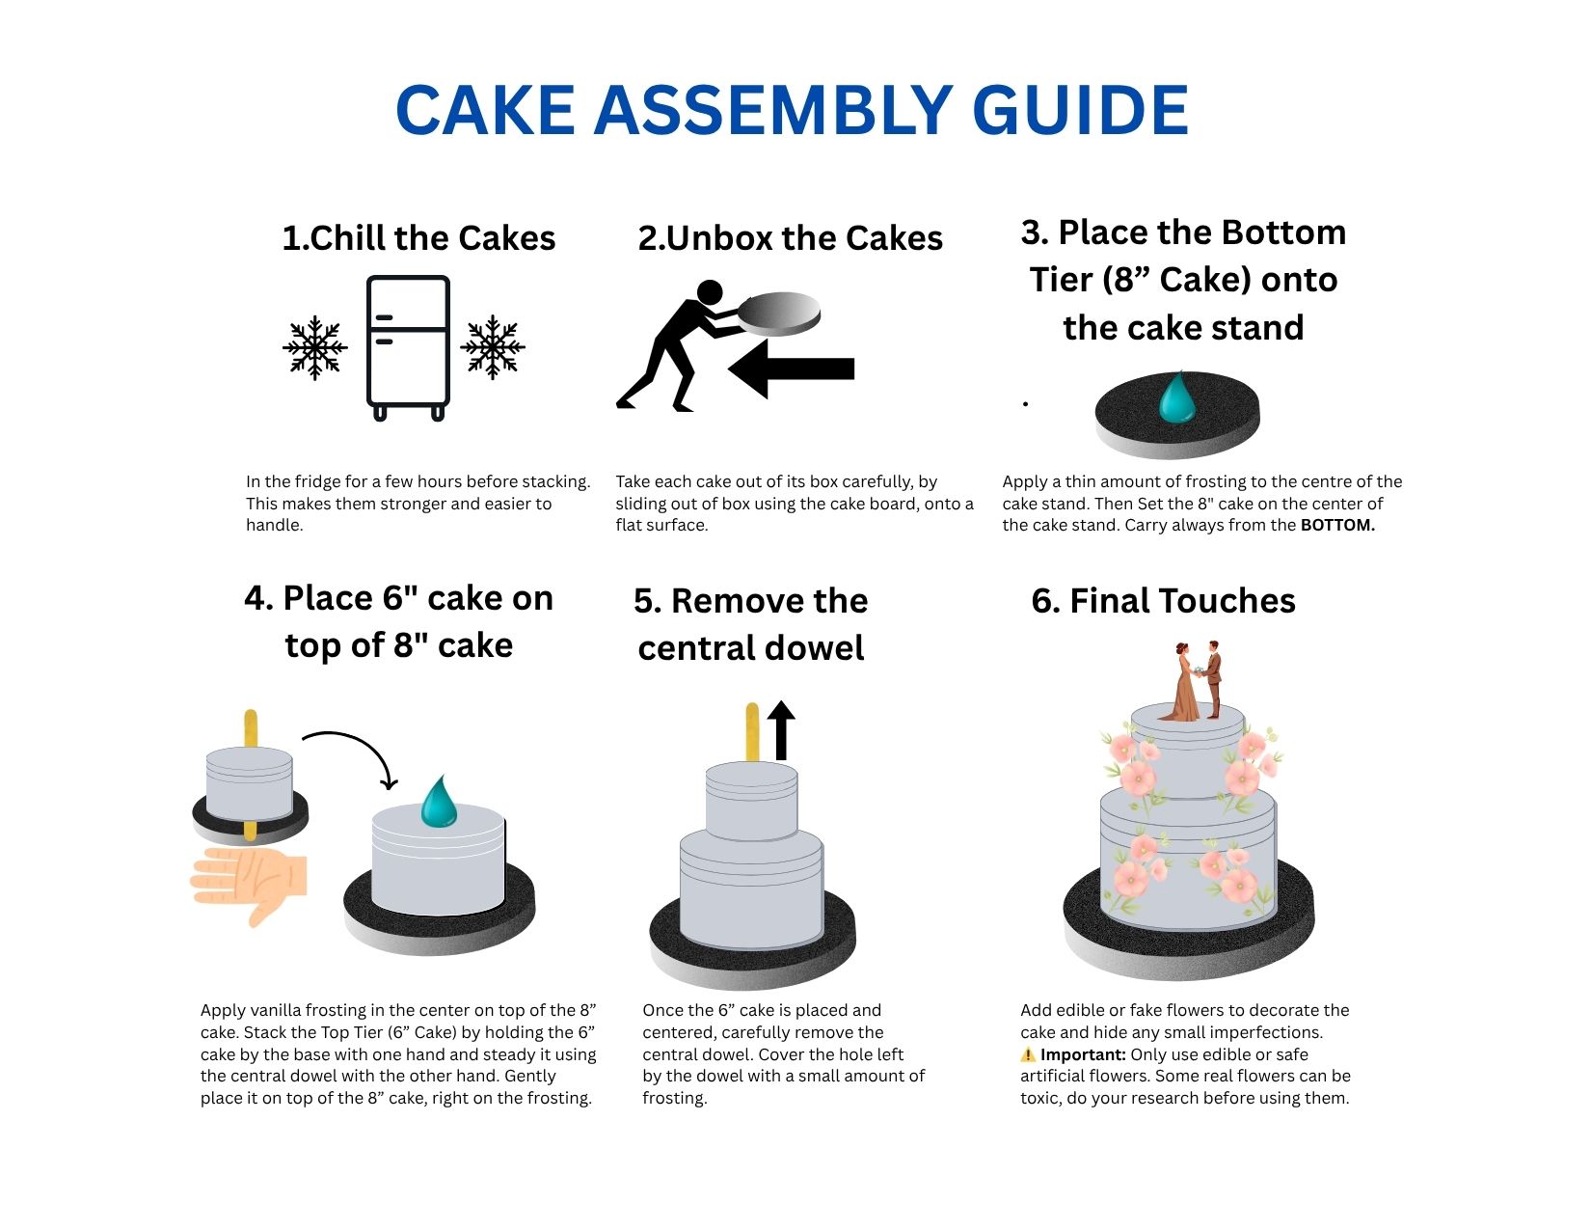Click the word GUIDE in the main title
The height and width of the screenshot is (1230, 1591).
(x=1080, y=110)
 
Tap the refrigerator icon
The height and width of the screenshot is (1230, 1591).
(x=408, y=348)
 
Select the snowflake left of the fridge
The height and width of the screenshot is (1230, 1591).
(x=315, y=348)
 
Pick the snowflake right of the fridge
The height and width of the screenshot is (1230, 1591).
(x=493, y=347)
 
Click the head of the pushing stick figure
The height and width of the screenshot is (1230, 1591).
(x=710, y=291)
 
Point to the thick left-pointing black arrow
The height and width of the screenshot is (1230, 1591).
(x=792, y=369)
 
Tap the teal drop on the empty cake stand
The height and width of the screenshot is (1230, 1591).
(x=1176, y=397)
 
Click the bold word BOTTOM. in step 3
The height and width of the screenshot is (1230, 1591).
(x=1337, y=525)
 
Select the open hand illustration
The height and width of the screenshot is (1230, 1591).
(x=248, y=885)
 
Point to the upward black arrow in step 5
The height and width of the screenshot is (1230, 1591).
(x=781, y=730)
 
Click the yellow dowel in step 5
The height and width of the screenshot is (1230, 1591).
(x=752, y=732)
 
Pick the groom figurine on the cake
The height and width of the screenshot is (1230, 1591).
(x=1213, y=679)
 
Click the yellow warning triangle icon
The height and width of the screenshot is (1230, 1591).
(x=1028, y=1055)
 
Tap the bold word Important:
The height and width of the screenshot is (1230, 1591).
(x=1083, y=1055)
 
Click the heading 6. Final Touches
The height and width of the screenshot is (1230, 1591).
(x=1164, y=601)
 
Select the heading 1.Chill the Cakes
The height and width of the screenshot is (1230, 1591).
(x=418, y=238)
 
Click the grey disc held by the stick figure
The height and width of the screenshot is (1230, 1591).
(x=778, y=313)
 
